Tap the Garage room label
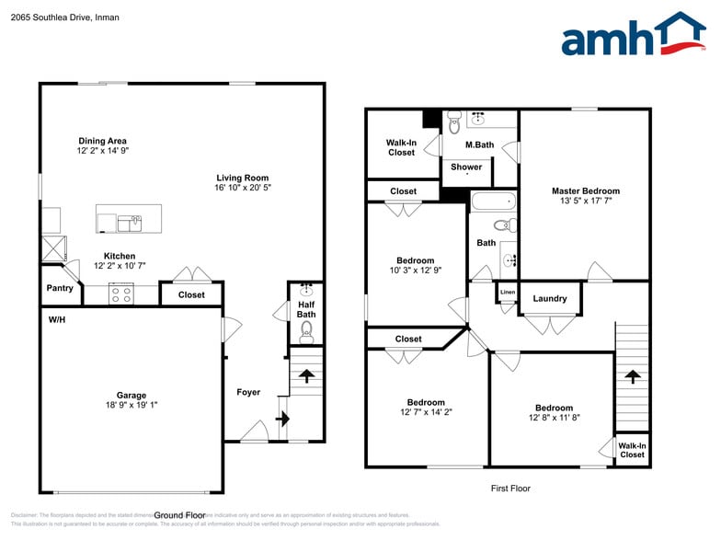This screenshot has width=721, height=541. click(131, 396)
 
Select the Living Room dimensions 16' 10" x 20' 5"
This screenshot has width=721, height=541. click(243, 188)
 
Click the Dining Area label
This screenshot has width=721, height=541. click(102, 141)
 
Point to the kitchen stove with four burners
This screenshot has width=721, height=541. click(121, 294)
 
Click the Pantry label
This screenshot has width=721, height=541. click(60, 288)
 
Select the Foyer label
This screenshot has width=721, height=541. click(248, 392)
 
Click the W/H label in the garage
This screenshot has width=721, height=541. click(57, 320)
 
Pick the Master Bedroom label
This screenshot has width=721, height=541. click(586, 191)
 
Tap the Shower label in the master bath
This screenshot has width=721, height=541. click(466, 167)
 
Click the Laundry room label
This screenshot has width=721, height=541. click(550, 298)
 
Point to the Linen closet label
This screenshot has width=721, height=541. click(508, 293)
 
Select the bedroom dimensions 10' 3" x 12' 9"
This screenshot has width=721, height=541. click(415, 270)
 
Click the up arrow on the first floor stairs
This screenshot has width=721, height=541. click(631, 375)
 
